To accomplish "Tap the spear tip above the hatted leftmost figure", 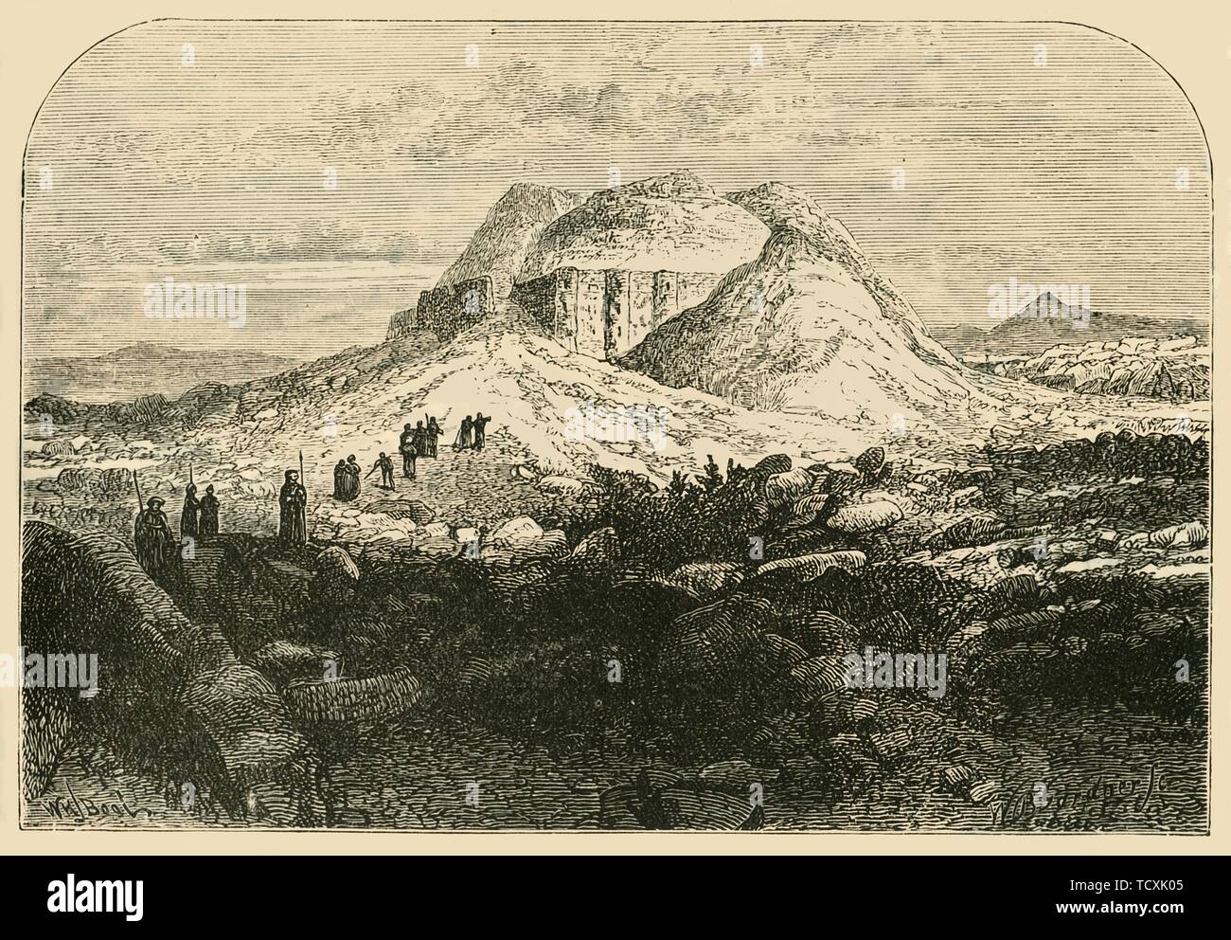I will point(136,477).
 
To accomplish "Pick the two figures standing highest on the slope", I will point(470,431).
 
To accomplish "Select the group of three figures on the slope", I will point(418,443).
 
